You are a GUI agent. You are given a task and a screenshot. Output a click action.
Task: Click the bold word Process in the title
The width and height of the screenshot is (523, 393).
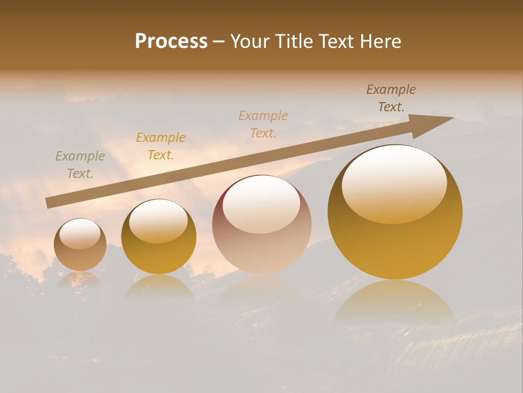171,41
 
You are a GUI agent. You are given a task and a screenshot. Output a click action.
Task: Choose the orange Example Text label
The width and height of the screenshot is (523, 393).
161,146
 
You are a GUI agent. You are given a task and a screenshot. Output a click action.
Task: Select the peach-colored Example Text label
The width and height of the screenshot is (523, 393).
263,124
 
